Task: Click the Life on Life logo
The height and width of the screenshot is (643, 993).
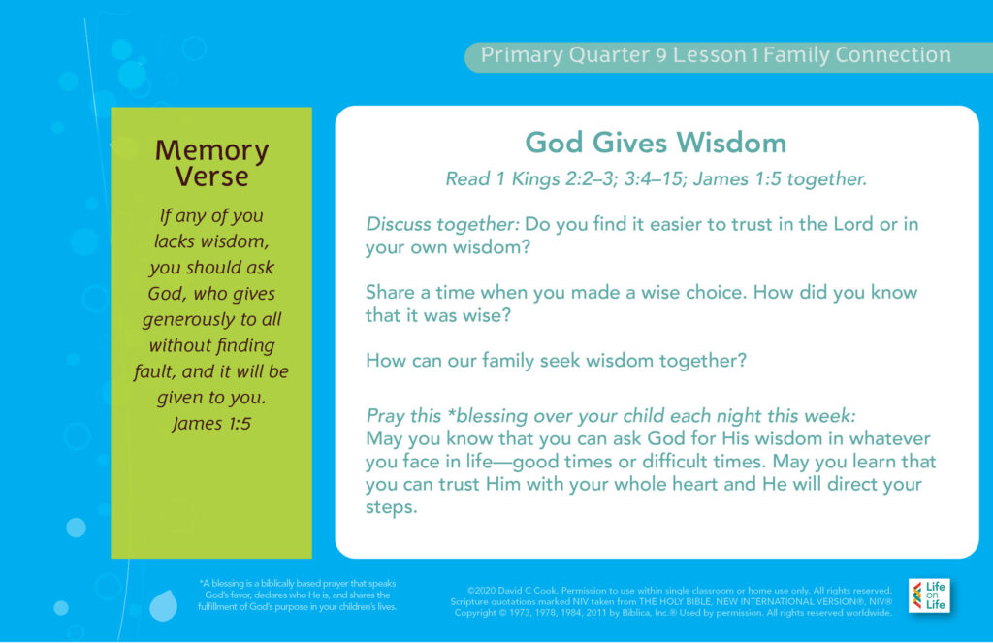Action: point(929,595)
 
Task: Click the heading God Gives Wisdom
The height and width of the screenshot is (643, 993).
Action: point(656,143)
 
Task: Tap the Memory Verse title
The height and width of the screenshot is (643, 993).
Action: point(211,163)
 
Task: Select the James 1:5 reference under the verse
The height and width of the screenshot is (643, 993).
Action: point(211,423)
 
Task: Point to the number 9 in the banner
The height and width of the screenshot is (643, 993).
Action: point(661,55)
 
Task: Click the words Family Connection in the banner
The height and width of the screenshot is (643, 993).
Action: point(857,55)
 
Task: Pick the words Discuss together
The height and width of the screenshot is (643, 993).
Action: point(442,224)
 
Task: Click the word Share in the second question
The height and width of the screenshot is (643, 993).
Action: point(390,292)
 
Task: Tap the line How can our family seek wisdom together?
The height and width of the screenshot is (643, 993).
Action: point(556,361)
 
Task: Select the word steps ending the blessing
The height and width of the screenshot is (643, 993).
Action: point(392,507)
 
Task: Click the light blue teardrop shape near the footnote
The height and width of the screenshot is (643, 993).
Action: point(163,605)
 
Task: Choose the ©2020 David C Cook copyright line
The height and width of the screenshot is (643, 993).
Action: point(680,591)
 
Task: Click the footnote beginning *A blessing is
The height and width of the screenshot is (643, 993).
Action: point(297,595)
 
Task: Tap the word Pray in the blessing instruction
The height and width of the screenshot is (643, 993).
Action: point(384,416)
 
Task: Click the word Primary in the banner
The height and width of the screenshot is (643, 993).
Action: point(521,55)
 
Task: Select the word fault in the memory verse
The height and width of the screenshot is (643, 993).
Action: point(153,371)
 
